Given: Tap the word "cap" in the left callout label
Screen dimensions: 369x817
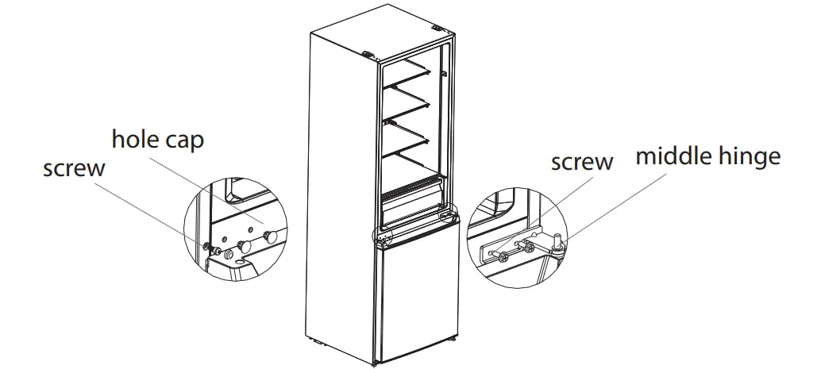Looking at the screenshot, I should [185, 141].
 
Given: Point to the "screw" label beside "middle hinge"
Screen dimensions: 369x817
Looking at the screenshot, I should [582, 162].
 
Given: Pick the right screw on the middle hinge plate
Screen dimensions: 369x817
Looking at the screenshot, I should [529, 248].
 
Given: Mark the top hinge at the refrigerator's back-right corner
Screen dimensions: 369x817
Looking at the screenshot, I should [437, 31].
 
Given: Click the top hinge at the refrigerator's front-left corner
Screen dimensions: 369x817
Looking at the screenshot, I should [369, 56].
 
